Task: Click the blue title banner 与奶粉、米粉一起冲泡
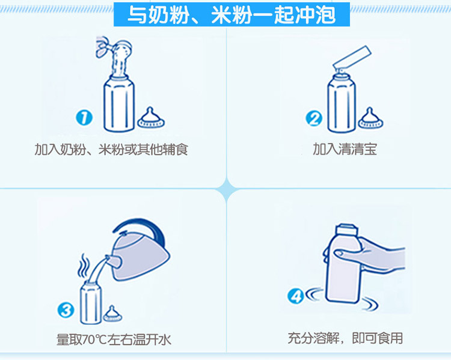click(x=232, y=14)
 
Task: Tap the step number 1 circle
click(x=84, y=118)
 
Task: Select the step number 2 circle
click(x=314, y=118)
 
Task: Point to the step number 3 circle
click(x=66, y=310)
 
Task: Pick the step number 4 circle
click(x=296, y=296)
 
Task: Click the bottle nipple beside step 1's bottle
click(x=151, y=118)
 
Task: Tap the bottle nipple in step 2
click(x=370, y=118)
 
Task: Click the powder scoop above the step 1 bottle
click(x=114, y=47)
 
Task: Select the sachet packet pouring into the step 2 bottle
click(x=352, y=58)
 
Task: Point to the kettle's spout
click(x=112, y=260)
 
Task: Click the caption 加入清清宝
click(x=345, y=149)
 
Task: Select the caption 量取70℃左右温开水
click(x=114, y=340)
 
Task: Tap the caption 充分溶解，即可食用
click(x=345, y=338)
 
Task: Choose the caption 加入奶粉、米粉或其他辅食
click(x=111, y=150)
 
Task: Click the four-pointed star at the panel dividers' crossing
click(x=227, y=189)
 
